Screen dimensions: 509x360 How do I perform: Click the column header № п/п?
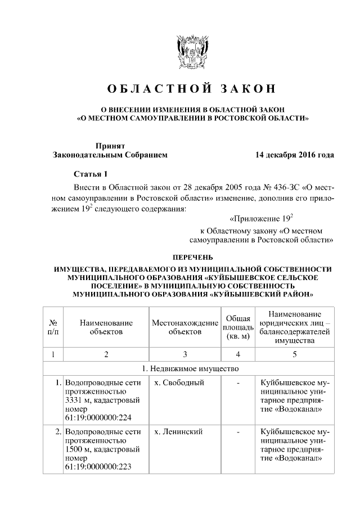(53, 327)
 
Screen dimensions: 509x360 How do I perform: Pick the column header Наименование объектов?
(106, 327)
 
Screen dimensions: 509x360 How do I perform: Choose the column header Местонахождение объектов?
(184, 327)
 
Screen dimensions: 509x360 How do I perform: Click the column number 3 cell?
(184, 354)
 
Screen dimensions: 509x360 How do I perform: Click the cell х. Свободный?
(178, 383)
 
